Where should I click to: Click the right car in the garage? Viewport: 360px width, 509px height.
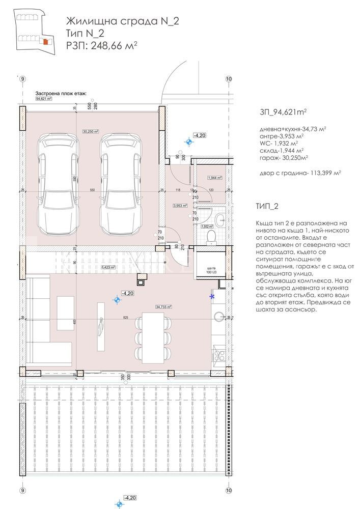118,183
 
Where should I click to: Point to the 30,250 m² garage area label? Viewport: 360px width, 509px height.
90,131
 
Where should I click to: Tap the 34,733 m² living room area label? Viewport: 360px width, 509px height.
164,307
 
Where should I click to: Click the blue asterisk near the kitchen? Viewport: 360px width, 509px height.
212,296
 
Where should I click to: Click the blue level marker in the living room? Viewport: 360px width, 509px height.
117,300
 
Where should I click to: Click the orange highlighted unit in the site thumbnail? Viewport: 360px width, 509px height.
45,42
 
